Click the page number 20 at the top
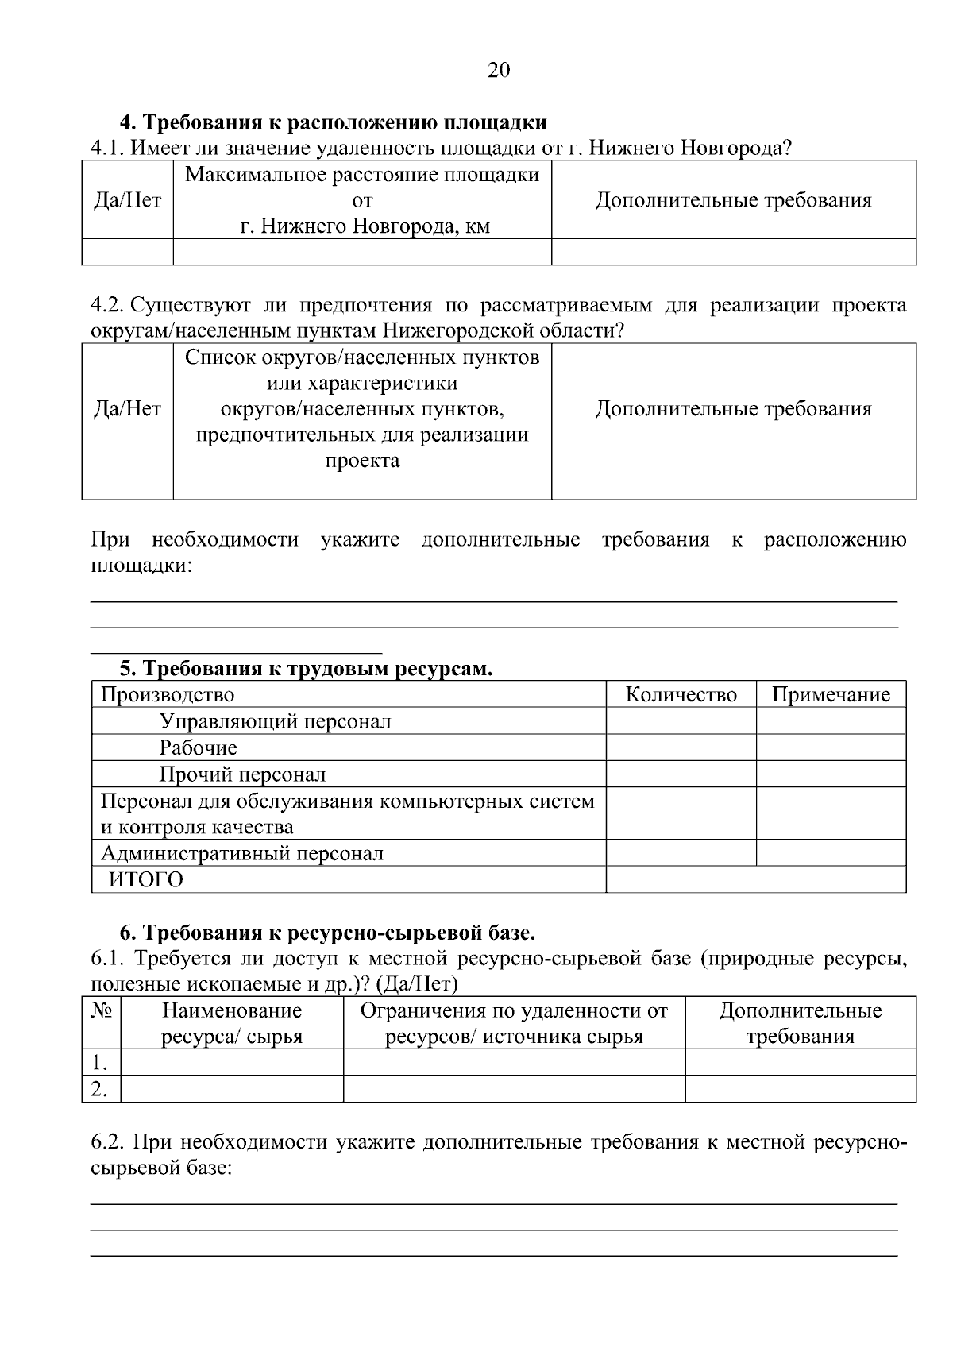pyautogui.click(x=498, y=71)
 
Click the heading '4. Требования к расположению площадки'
pyautogui.click(x=333, y=123)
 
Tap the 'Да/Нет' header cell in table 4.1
pyautogui.click(x=127, y=200)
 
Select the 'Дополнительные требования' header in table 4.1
pyautogui.click(x=733, y=200)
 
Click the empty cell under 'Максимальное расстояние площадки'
pyautogui.click(x=362, y=253)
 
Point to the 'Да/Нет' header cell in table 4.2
pyautogui.click(x=127, y=409)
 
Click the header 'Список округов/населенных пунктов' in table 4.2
pyautogui.click(x=362, y=357)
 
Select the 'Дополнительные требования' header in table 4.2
pyautogui.click(x=733, y=409)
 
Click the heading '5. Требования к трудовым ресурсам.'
pyautogui.click(x=306, y=669)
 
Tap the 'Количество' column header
pyautogui.click(x=681, y=695)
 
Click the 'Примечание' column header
pyautogui.click(x=831, y=695)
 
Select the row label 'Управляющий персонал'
pyautogui.click(x=275, y=721)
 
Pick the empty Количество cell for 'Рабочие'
pyautogui.click(x=681, y=747)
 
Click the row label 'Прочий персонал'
pyautogui.click(x=242, y=774)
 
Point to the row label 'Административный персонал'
pyautogui.click(x=241, y=853)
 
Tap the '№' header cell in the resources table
pyautogui.click(x=101, y=1010)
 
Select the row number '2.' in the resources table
pyautogui.click(x=99, y=1088)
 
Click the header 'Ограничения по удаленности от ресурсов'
pyautogui.click(x=514, y=1023)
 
